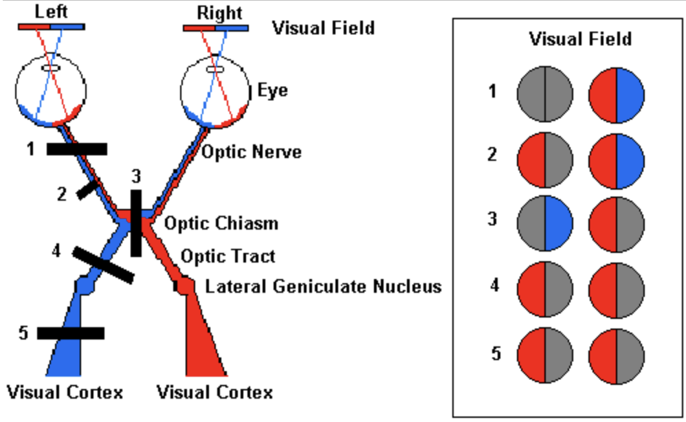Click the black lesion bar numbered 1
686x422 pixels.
pyautogui.click(x=77, y=148)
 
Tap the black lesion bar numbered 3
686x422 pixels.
pyautogui.click(x=137, y=223)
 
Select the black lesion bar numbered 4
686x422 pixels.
pyautogui.click(x=103, y=265)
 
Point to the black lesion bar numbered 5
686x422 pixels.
pyautogui.click(x=71, y=333)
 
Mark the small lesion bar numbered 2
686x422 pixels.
pyautogui.click(x=87, y=190)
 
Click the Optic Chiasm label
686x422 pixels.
pyautogui.click(x=221, y=223)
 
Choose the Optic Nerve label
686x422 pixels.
pyautogui.click(x=251, y=152)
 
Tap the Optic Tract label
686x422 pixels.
pyautogui.click(x=228, y=256)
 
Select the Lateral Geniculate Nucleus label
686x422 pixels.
pyautogui.click(x=323, y=287)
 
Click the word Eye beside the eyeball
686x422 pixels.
pyautogui.click(x=273, y=91)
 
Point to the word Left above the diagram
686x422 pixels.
pyautogui.click(x=51, y=12)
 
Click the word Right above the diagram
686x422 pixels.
pyautogui.click(x=219, y=12)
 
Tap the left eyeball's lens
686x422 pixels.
pyautogui.click(x=51, y=68)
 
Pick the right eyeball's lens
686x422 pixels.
pyautogui.click(x=215, y=69)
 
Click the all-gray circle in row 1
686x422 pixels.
pyautogui.click(x=545, y=94)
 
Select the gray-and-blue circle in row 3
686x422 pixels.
pyautogui.click(x=545, y=223)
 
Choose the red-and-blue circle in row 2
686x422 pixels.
pyautogui.click(x=617, y=161)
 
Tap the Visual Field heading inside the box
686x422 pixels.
pyautogui.click(x=580, y=39)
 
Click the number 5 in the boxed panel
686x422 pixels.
pyautogui.click(x=496, y=353)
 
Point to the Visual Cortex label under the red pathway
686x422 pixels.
pyautogui.click(x=215, y=392)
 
